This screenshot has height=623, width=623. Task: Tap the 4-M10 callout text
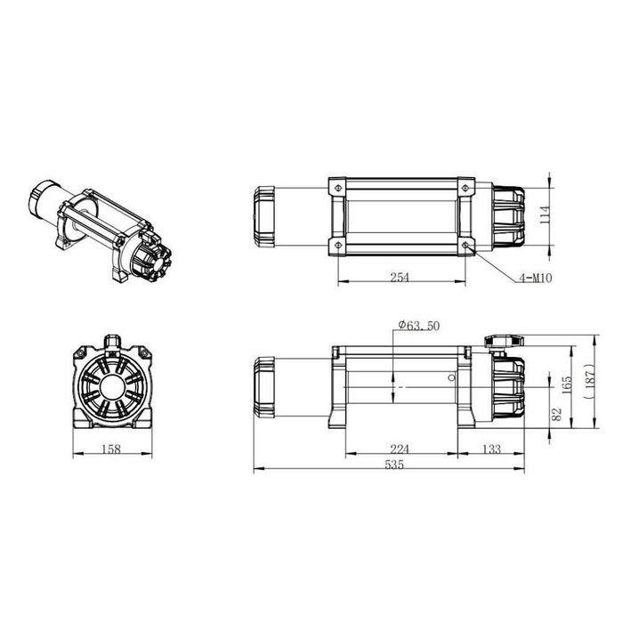535,278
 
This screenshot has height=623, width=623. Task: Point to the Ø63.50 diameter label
418,327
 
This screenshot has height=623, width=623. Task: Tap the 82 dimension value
556,415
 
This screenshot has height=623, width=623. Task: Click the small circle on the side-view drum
451,377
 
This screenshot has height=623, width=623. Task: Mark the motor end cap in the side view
264,385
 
